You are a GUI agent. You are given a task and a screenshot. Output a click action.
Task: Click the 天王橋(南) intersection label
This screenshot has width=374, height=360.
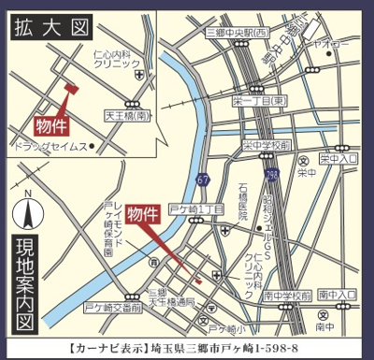pyautogui.click(x=128, y=115)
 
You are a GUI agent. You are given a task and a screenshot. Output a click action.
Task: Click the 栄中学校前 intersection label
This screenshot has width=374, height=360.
pyautogui.click(x=268, y=145)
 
